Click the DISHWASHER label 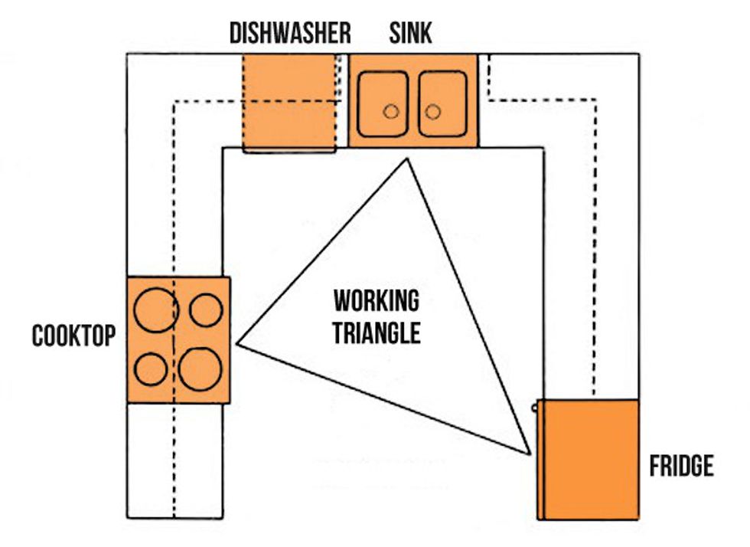[290, 34]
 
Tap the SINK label [410, 34]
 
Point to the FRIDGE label [681, 466]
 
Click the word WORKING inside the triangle [376, 301]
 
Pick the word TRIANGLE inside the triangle [377, 333]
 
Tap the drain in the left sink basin [391, 111]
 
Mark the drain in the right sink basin [433, 111]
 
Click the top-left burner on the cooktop [155, 309]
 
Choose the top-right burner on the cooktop [206, 309]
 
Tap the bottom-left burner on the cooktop [151, 369]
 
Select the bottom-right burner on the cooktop [201, 368]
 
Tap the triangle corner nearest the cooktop [239, 344]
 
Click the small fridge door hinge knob [535, 408]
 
